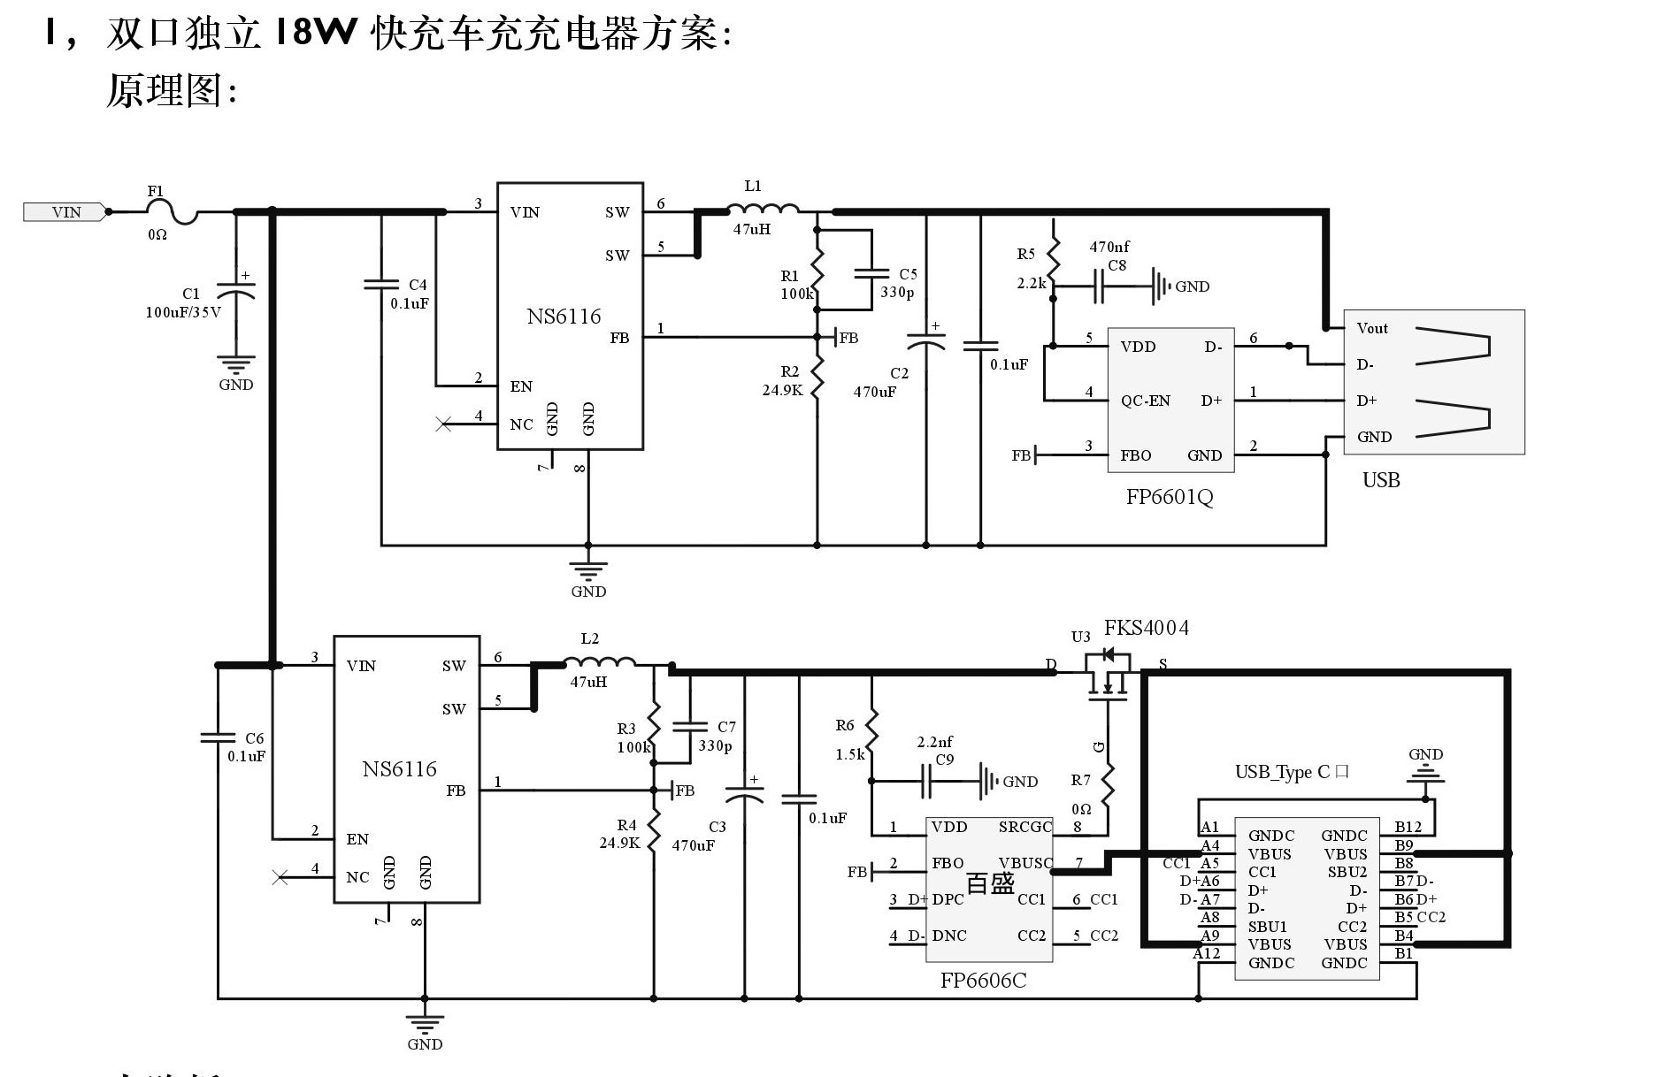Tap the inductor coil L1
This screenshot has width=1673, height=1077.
click(762, 210)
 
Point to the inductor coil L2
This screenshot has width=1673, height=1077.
click(599, 662)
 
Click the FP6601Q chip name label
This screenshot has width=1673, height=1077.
click(1169, 497)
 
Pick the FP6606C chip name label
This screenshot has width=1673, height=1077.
click(983, 981)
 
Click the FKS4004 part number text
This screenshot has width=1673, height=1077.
click(1146, 628)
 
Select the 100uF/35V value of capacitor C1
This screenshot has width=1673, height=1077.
click(183, 312)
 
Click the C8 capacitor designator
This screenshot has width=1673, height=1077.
click(1117, 265)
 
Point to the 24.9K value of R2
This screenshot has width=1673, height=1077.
click(782, 390)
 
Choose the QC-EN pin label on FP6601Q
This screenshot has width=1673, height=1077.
click(1145, 401)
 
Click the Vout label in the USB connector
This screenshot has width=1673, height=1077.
click(1372, 328)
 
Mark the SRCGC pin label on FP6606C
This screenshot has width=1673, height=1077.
click(1025, 828)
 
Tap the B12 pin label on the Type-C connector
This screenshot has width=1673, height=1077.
click(1408, 828)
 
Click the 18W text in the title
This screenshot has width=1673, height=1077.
click(315, 34)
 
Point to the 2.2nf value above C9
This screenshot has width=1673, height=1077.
click(934, 742)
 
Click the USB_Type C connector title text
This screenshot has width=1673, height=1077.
click(1291, 772)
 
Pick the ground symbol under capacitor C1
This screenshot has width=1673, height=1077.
click(236, 364)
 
